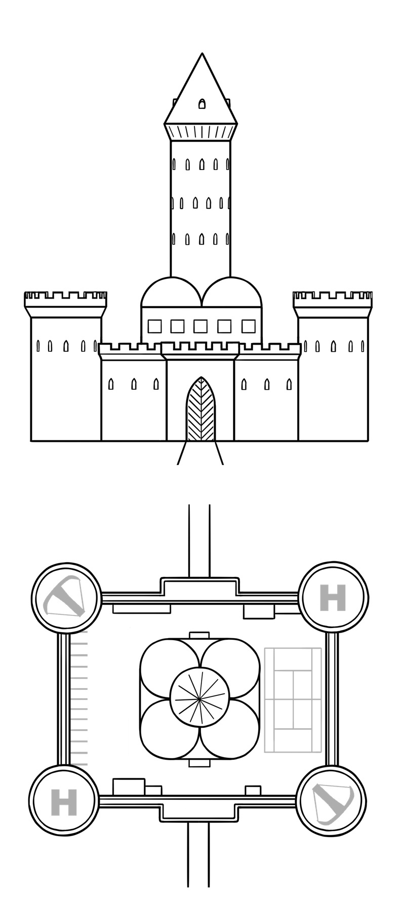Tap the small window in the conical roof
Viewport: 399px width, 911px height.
pyautogui.click(x=202, y=104)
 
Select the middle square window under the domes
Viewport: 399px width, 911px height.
pyautogui.click(x=201, y=326)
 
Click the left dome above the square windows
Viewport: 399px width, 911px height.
pyautogui.click(x=171, y=294)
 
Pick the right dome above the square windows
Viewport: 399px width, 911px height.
pyautogui.click(x=232, y=294)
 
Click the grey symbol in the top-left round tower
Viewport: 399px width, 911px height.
pyautogui.click(x=64, y=598)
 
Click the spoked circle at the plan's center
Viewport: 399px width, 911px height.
pyautogui.click(x=201, y=698)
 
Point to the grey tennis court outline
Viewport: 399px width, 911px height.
pyautogui.click(x=293, y=699)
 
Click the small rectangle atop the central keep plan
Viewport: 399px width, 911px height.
pyautogui.click(x=199, y=635)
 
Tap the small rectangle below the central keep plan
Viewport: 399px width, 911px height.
pyautogui.click(x=199, y=763)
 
